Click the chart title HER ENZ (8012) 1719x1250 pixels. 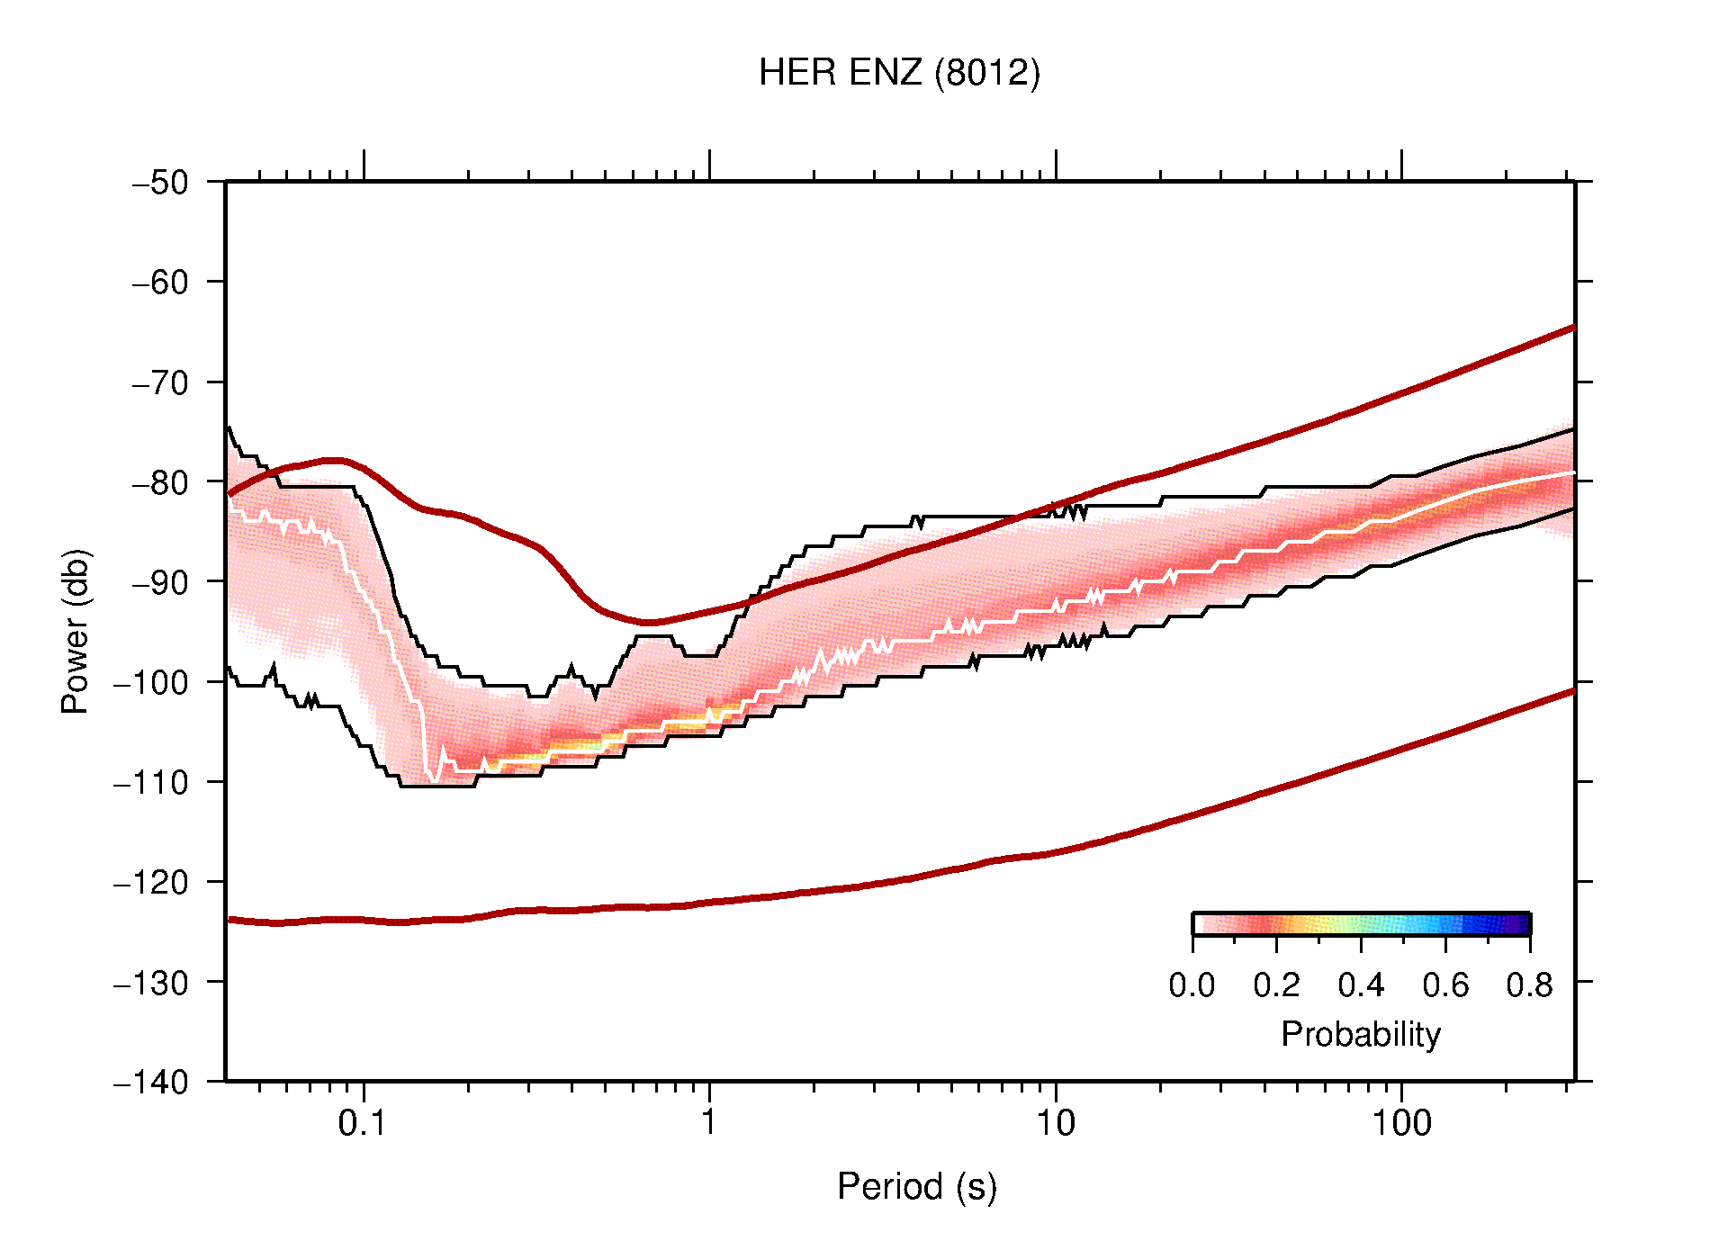click(x=898, y=73)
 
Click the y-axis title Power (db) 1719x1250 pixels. click(x=76, y=631)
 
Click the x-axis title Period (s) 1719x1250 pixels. click(x=916, y=1187)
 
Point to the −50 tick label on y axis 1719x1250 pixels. click(x=160, y=183)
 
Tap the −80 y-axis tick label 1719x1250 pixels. click(x=160, y=482)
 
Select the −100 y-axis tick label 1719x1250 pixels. click(x=151, y=682)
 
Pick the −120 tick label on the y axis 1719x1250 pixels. click(x=151, y=882)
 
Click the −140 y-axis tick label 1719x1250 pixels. click(x=151, y=1082)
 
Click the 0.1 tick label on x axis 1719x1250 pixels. click(x=363, y=1123)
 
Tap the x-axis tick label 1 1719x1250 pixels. click(x=709, y=1123)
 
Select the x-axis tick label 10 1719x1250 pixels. click(x=1055, y=1123)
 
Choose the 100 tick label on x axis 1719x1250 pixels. click(x=1401, y=1123)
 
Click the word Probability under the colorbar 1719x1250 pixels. click(x=1360, y=1035)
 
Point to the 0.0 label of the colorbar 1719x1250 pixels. click(x=1192, y=985)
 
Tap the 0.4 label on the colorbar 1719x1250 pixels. click(x=1361, y=985)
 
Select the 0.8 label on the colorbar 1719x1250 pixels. click(x=1529, y=985)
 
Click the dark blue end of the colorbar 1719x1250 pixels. click(x=1521, y=924)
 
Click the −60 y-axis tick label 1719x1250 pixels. click(x=160, y=283)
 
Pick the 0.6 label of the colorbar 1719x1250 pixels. click(x=1445, y=985)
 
